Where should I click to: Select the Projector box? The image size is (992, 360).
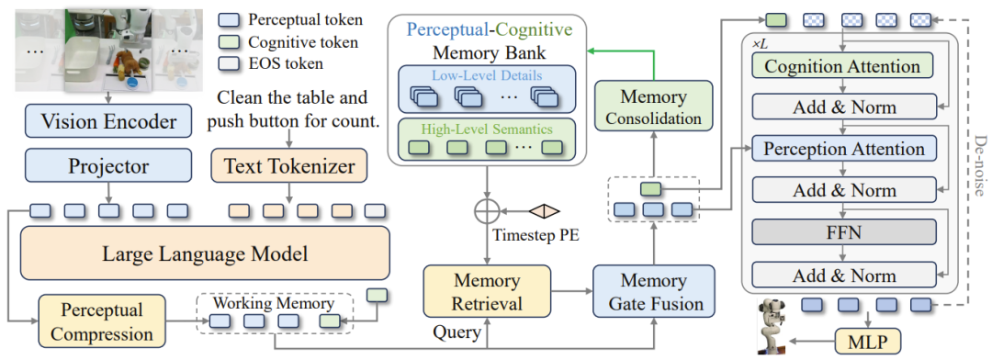[108, 165]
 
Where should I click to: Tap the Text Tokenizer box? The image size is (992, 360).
[290, 165]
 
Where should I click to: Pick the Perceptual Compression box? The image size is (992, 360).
[102, 321]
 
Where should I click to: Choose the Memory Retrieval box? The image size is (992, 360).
[487, 292]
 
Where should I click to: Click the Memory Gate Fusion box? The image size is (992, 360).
[654, 292]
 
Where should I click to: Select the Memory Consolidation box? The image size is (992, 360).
[654, 107]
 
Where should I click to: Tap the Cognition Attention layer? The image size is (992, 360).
[842, 66]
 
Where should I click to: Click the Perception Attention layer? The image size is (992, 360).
[842, 149]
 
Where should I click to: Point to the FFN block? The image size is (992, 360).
[842, 233]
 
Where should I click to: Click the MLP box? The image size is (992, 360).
[867, 342]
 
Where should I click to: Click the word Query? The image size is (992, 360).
[457, 331]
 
